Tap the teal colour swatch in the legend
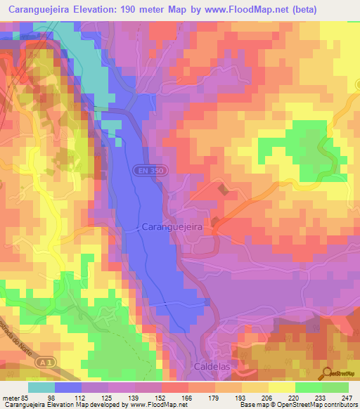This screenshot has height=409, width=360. point(41,387)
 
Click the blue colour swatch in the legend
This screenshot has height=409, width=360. point(68,387)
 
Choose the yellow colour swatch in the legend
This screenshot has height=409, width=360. point(282,387)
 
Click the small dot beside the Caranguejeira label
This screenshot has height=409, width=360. point(138,228)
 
